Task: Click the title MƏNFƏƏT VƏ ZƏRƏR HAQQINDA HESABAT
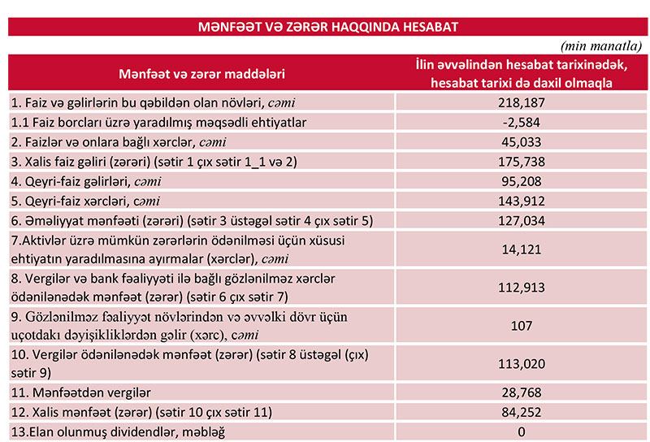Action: (328, 27)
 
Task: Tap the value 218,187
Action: (522, 103)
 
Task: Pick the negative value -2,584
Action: (522, 122)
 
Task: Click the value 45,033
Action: (522, 141)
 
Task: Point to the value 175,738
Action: (522, 161)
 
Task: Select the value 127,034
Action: (522, 219)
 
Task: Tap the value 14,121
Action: (522, 249)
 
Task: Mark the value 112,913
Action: (522, 287)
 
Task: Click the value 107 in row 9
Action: (522, 325)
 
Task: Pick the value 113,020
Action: (522, 362)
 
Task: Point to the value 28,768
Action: (522, 392)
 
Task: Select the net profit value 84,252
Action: (522, 411)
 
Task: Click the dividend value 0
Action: (522, 431)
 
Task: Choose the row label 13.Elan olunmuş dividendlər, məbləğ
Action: (118, 431)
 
